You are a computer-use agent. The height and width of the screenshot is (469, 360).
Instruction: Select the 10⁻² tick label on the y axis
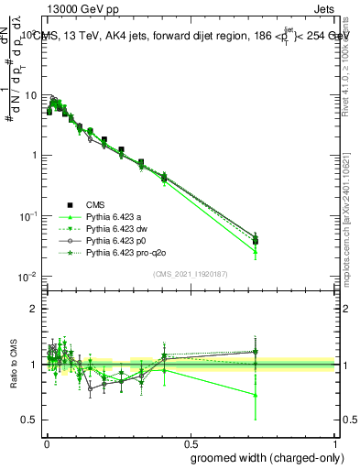pos(29,277)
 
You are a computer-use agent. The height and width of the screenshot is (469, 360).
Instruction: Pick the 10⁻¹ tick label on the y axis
pos(29,216)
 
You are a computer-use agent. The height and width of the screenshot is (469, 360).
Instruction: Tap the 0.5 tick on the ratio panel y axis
pos(31,420)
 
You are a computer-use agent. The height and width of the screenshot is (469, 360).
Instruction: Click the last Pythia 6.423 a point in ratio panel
pos(256,395)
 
